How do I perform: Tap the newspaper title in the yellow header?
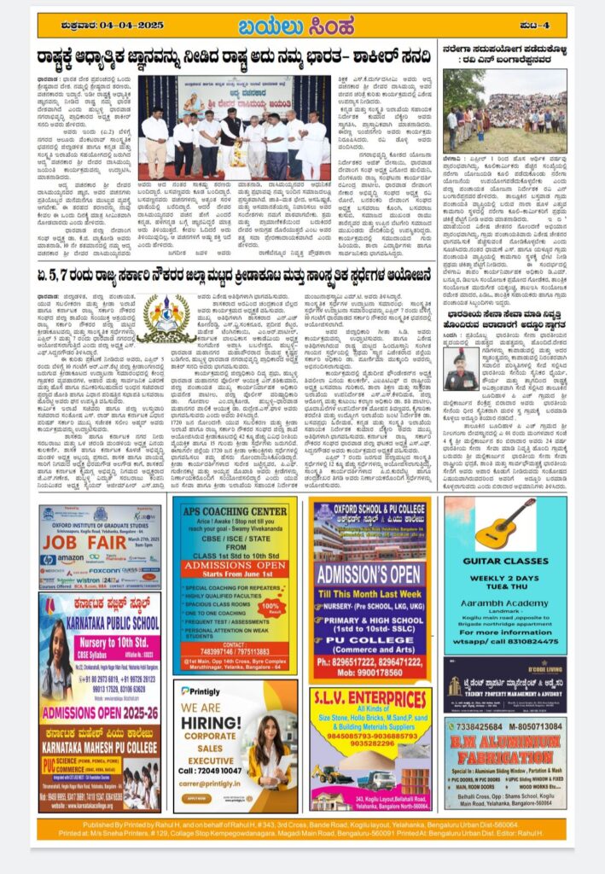302,23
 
